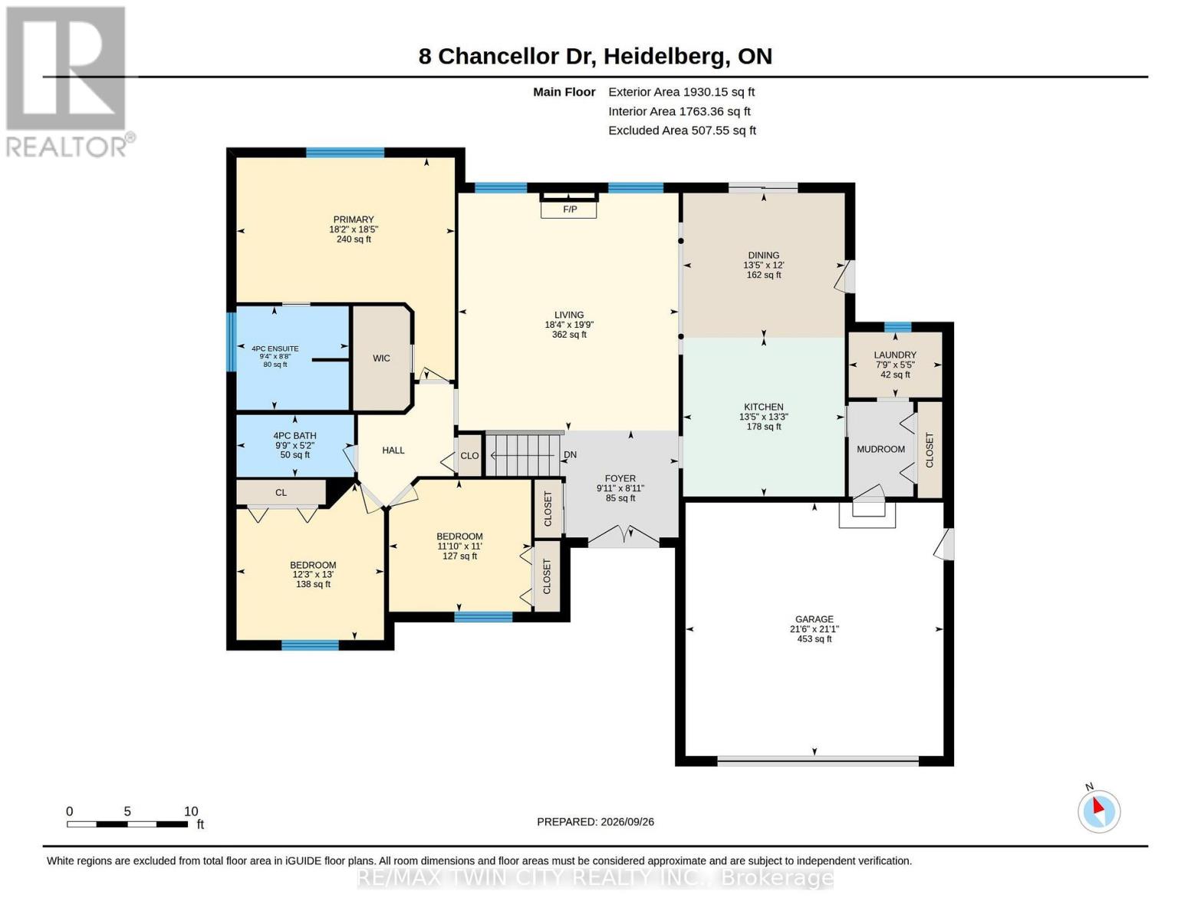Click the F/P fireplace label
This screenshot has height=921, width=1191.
570,209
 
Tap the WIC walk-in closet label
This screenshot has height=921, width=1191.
381,358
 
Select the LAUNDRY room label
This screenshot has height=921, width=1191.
894,355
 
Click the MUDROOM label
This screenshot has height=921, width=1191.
880,449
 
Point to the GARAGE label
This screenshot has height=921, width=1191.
814,619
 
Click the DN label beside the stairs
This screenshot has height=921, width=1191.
570,454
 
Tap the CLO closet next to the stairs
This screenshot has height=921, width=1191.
469,456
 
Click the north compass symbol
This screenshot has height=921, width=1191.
1098,811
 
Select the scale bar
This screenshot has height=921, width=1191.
127,824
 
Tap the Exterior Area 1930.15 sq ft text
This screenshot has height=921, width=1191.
681,92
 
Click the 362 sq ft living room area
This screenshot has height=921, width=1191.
569,335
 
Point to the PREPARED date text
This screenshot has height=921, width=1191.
595,822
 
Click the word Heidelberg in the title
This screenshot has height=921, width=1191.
666,57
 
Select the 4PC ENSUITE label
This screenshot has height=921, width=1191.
275,348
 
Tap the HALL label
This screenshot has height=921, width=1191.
393,451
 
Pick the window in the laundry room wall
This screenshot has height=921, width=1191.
898,328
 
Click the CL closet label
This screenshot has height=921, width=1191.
281,493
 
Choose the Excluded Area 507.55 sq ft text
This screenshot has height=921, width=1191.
682,130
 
